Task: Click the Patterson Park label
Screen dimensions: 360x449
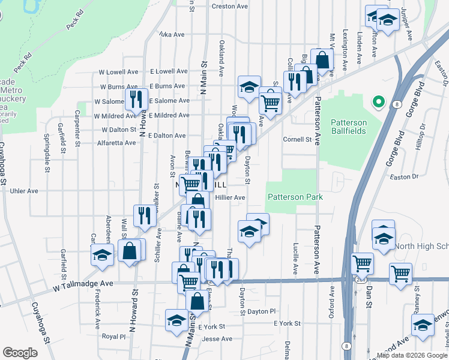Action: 295,197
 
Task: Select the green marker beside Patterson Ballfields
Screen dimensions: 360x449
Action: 379,101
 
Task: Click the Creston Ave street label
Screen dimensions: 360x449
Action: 230,6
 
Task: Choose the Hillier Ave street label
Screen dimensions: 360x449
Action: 231,197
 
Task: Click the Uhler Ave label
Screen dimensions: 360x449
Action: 24,191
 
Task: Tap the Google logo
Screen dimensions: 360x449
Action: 20,353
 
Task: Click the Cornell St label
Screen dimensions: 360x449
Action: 298,139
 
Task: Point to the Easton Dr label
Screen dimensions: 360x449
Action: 403,176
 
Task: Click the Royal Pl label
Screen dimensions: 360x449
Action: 113,337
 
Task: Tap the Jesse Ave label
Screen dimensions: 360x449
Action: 217,339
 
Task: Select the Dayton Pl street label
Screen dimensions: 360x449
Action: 261,311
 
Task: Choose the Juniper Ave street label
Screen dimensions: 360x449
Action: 410,24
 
